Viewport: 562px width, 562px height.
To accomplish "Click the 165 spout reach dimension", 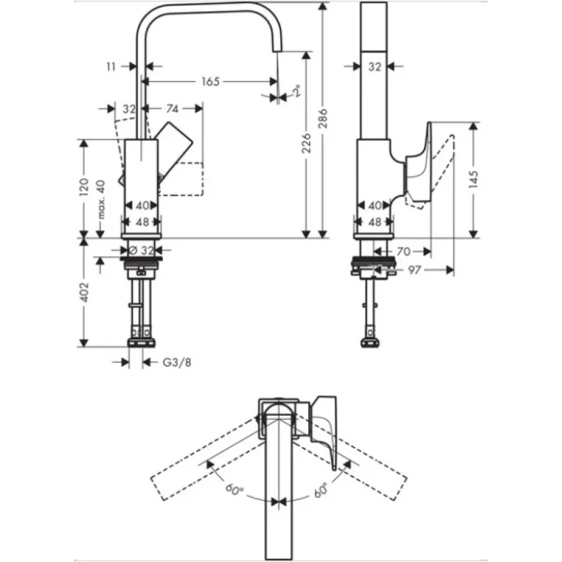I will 210,82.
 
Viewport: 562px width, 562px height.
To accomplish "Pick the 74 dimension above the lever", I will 172,108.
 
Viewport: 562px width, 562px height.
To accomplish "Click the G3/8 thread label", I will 177,362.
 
